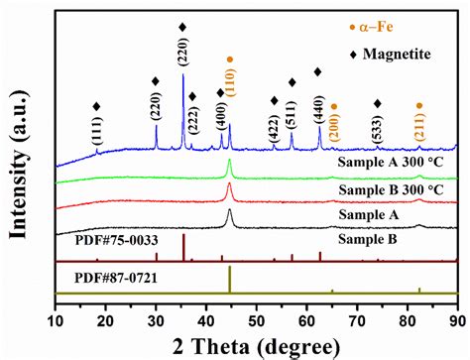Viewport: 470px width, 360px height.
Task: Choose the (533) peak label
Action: click(377, 130)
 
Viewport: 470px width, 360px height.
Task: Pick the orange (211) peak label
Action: click(418, 130)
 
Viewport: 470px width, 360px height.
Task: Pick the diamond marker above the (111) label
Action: click(96, 106)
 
